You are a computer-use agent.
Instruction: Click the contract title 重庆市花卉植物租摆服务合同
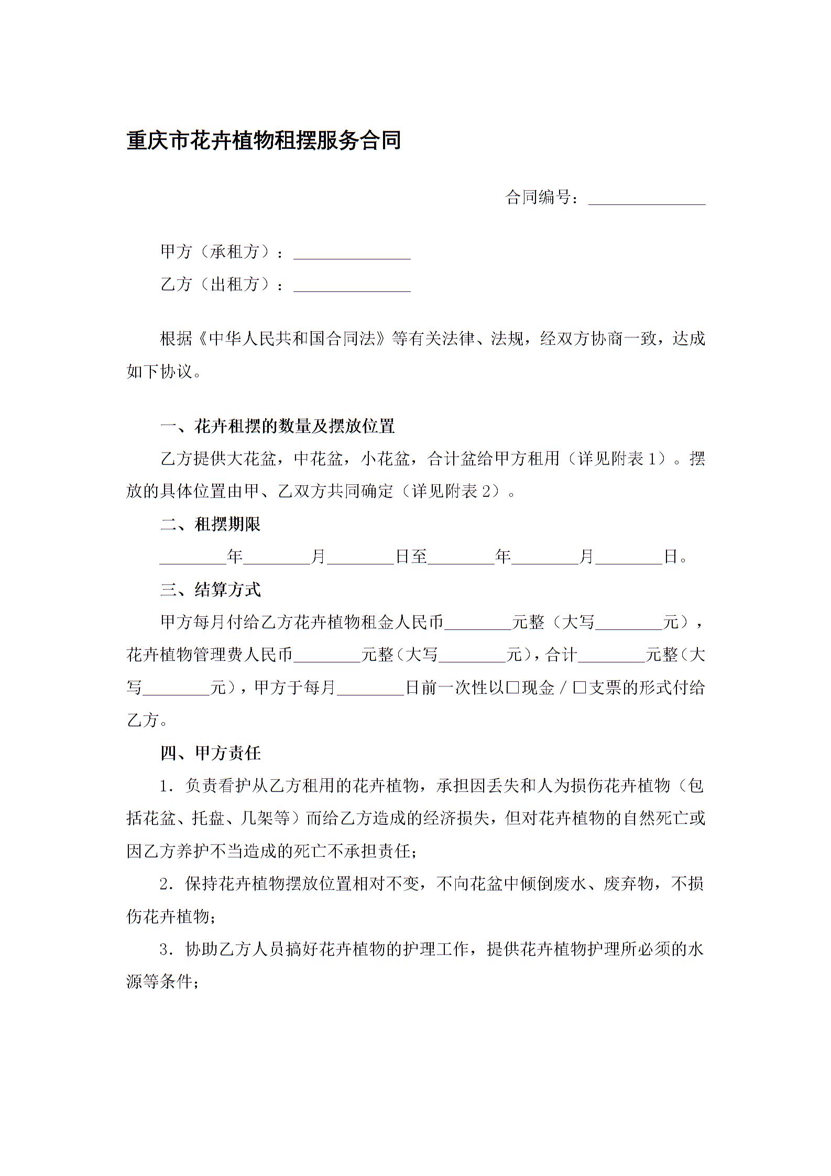point(264,141)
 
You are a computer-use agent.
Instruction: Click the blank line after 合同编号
point(647,200)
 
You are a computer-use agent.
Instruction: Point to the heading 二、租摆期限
point(210,524)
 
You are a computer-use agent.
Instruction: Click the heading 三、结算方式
point(210,590)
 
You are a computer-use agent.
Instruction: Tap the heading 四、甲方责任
point(210,753)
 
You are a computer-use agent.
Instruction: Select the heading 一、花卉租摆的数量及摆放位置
point(277,426)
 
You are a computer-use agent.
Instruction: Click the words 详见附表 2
point(455,492)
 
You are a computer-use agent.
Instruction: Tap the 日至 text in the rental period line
point(411,557)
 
